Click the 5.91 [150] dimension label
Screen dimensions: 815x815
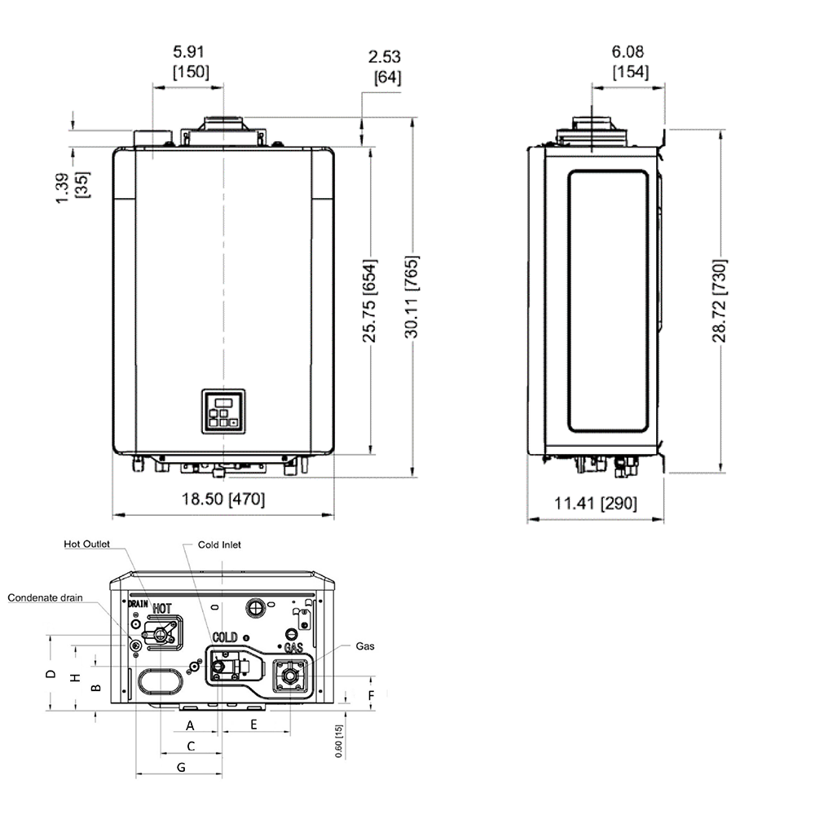click(191, 61)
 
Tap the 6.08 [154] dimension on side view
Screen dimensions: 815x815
click(631, 61)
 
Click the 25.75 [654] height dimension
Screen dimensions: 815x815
click(370, 302)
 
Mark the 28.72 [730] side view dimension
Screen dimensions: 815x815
click(720, 301)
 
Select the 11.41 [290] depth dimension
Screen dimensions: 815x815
click(596, 504)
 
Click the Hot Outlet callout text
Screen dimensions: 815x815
click(86, 544)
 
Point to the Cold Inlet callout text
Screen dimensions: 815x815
click(219, 544)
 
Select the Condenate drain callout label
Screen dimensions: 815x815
click(46, 597)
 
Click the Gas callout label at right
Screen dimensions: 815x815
click(365, 645)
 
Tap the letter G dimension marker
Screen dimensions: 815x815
click(181, 767)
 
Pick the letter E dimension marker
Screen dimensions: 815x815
click(253, 724)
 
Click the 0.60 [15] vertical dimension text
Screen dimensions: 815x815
click(339, 741)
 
